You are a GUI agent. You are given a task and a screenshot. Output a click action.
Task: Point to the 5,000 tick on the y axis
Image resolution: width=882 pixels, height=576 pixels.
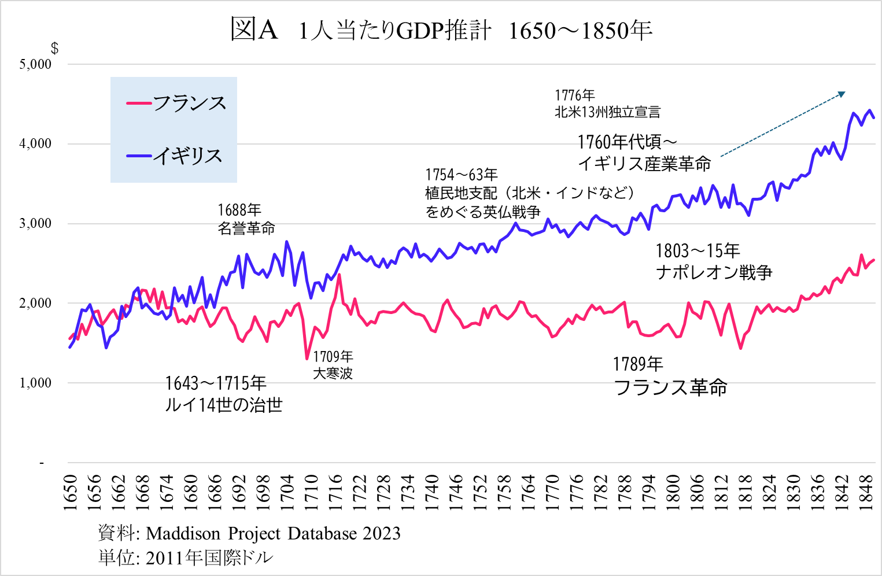(x=35, y=64)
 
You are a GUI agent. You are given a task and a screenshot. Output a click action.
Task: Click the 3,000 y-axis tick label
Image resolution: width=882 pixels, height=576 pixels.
(x=35, y=224)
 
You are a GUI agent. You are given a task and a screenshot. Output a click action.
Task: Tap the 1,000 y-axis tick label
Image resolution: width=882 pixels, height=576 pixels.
(x=35, y=383)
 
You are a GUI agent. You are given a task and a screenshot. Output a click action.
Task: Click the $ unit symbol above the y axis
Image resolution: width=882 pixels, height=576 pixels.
(x=54, y=49)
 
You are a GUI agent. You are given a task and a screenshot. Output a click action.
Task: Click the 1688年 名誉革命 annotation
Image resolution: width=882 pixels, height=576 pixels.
(x=246, y=219)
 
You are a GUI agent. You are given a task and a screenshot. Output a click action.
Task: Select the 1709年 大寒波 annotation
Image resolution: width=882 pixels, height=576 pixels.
(x=333, y=365)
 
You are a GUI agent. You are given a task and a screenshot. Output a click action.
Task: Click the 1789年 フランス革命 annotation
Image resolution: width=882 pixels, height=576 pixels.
(x=670, y=376)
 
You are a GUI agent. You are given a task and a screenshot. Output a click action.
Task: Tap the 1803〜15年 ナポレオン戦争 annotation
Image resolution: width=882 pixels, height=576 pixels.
(x=714, y=261)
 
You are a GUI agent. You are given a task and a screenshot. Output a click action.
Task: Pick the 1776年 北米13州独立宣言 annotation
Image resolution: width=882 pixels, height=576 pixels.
(x=607, y=104)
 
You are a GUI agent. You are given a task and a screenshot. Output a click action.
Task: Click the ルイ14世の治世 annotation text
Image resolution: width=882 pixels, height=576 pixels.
(x=223, y=404)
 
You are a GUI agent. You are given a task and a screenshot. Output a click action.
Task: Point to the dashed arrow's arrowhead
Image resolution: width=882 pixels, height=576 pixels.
(x=843, y=93)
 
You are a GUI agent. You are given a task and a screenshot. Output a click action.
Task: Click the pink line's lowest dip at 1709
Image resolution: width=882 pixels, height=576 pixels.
(x=307, y=359)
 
